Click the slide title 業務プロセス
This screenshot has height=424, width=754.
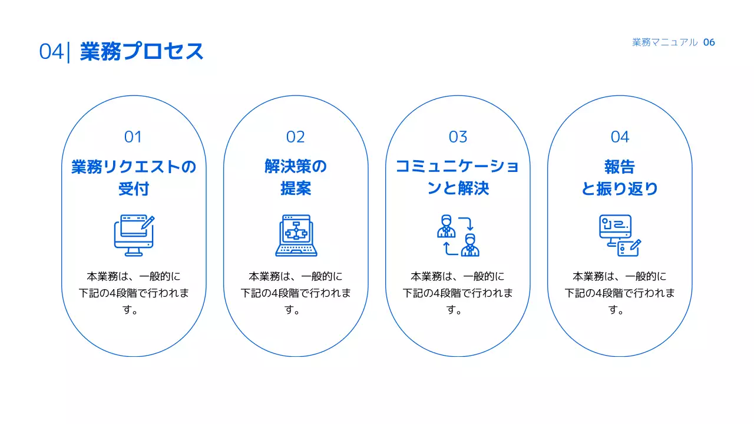[142, 52]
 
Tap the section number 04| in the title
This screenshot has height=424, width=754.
[54, 52]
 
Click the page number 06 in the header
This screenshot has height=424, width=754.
[709, 42]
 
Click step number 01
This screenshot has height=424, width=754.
[133, 137]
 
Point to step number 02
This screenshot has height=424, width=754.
[296, 137]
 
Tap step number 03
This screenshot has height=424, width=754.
[458, 137]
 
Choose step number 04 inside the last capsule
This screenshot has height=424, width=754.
[620, 137]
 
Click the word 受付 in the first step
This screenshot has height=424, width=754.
[134, 189]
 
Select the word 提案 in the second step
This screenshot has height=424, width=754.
[296, 189]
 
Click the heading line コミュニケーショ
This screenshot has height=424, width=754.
[458, 167]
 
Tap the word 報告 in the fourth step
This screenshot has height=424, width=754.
[620, 167]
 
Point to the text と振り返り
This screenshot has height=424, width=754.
[620, 189]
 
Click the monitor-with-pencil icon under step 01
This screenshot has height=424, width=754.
[134, 235]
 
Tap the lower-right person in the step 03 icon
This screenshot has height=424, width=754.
[469, 245]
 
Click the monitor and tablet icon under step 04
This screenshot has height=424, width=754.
[620, 235]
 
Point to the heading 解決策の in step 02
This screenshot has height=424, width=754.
[296, 167]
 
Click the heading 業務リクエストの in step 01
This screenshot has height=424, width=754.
[134, 167]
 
